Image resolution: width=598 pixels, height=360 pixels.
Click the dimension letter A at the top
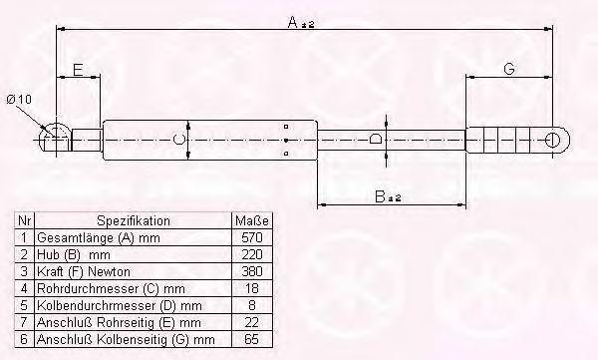293,22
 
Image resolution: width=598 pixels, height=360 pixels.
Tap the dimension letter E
78,70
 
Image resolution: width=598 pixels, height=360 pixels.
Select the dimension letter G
509,69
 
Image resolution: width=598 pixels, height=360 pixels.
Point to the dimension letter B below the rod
381,196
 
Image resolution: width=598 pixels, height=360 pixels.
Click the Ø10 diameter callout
19,100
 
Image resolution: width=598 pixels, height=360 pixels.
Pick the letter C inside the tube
178,140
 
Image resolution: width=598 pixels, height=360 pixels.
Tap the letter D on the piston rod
376,139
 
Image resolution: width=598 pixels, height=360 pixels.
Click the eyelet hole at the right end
552,140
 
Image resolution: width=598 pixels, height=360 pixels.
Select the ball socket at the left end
56,139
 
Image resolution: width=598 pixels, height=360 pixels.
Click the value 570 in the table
252,237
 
